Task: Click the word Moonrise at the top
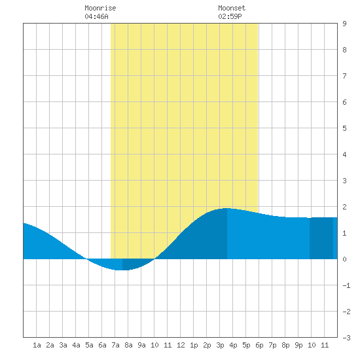click(100, 8)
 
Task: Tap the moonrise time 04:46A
click(96, 16)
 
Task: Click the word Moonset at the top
click(232, 8)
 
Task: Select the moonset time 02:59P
click(230, 16)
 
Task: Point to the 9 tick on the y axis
click(344, 24)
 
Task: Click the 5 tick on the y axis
click(344, 128)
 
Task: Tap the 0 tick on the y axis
click(344, 259)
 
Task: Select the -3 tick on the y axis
click(346, 338)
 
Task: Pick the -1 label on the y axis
click(346, 285)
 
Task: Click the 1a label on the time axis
click(37, 345)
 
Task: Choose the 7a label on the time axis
click(115, 345)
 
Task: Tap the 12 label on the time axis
click(181, 345)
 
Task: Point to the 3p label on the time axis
click(220, 345)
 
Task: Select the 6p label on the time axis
click(259, 345)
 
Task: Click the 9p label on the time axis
click(298, 345)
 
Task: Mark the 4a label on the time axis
click(76, 345)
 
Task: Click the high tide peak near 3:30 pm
click(227, 208)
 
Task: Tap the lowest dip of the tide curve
click(122, 270)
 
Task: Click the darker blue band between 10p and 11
click(321, 238)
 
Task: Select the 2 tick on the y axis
click(344, 207)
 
